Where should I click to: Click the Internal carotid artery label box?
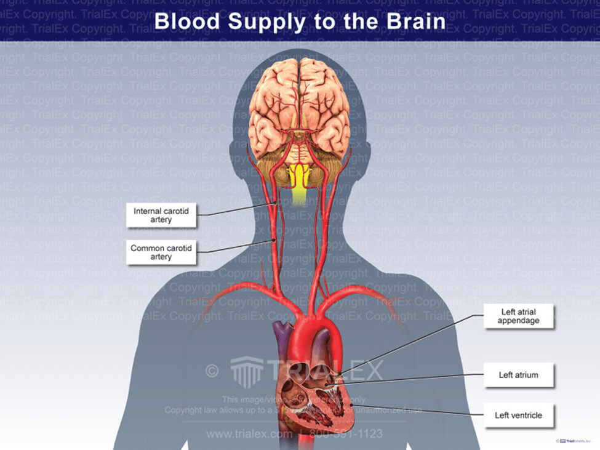pyautogui.click(x=161, y=215)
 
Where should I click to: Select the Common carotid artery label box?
pyautogui.click(x=161, y=252)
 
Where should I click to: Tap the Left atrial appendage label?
pyautogui.click(x=518, y=316)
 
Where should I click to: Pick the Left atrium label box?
pyautogui.click(x=518, y=374)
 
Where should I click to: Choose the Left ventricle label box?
pyautogui.click(x=518, y=415)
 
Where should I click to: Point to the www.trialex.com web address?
pyautogui.click(x=249, y=434)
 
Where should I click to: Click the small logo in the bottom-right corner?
pyautogui.click(x=575, y=441)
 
